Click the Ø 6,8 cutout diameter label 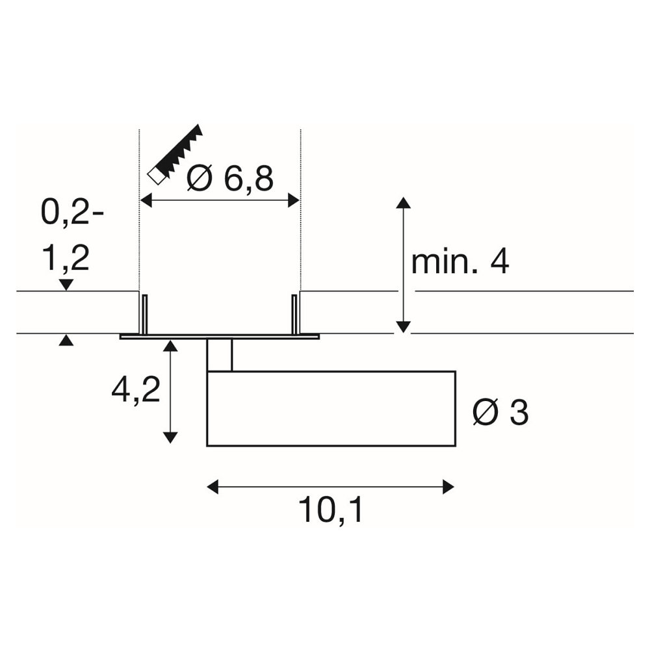coord(231,179)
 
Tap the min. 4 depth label coord(460,262)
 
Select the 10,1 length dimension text coord(330,511)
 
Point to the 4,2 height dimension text coord(136,391)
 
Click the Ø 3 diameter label coord(500,413)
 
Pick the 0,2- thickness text coord(72,213)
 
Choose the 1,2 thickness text coord(66,259)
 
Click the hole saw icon coord(175,154)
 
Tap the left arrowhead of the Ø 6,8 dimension coord(146,201)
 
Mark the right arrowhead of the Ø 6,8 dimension coord(294,201)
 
